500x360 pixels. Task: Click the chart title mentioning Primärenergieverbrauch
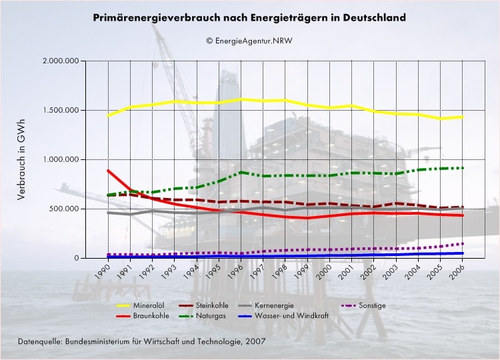[249, 19]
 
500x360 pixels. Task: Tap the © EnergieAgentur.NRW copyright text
[249, 40]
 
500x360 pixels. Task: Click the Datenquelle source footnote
[142, 341]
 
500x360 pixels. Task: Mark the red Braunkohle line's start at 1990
[108, 170]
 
